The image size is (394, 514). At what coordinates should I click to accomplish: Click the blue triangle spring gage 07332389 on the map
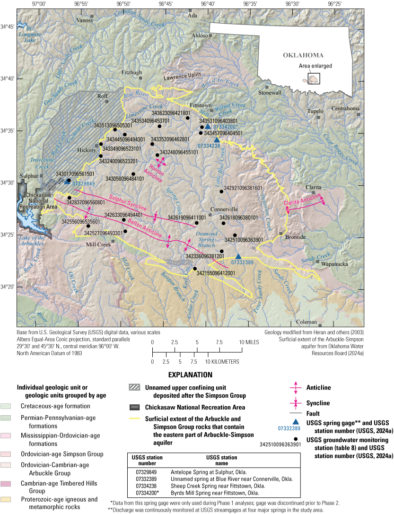pos(238,256)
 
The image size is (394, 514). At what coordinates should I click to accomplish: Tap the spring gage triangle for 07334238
pos(217,139)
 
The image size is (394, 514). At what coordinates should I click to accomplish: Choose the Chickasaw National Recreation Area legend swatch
pos(135,406)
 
